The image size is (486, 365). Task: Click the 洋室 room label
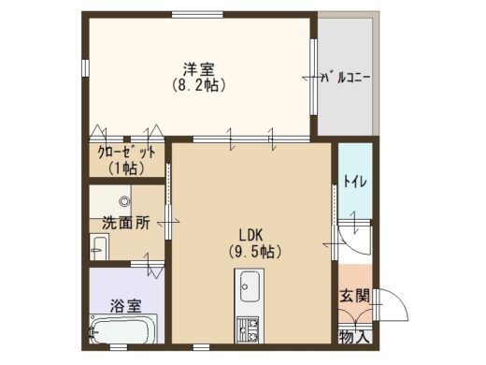(x=198, y=69)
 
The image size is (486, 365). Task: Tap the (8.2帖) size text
(x=198, y=85)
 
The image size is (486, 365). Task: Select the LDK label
(x=251, y=235)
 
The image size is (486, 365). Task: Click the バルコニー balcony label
(x=346, y=77)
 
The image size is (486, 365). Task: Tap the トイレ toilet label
(x=355, y=182)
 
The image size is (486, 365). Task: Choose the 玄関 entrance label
(x=354, y=296)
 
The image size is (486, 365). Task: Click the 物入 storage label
(x=354, y=337)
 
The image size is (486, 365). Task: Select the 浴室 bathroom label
(x=126, y=306)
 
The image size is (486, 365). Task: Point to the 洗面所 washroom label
(x=126, y=223)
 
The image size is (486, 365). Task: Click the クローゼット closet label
(x=126, y=153)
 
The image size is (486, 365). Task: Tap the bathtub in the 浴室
(x=123, y=328)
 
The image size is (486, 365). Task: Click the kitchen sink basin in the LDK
(x=250, y=286)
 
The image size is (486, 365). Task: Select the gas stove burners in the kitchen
(x=249, y=330)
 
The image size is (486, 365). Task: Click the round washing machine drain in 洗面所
(x=124, y=201)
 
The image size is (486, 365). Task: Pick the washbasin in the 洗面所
(x=99, y=247)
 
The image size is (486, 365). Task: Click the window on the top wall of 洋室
(x=197, y=15)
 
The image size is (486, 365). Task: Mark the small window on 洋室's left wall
(x=86, y=67)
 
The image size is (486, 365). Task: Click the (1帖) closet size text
(x=126, y=168)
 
